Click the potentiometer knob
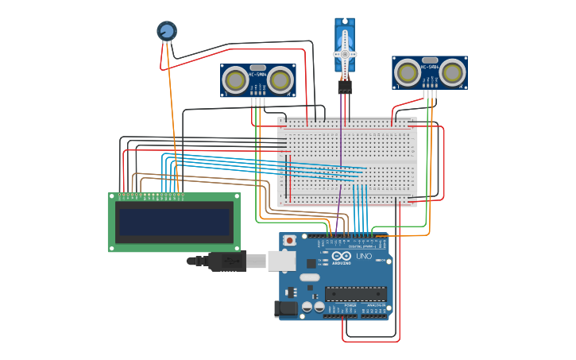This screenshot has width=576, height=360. coord(166,31)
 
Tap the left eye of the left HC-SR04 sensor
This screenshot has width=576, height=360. coord(235,79)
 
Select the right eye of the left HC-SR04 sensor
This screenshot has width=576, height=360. coord(280,79)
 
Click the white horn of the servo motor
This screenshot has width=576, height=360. coord(345,54)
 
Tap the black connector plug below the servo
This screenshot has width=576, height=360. coord(345,87)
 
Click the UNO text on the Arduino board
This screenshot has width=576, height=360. coord(363,257)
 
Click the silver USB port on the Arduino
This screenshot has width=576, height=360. coord(280,261)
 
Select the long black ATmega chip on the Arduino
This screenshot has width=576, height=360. coord(356,293)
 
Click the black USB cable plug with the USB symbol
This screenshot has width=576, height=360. coord(226,261)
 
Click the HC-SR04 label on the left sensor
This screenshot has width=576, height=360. coord(257,75)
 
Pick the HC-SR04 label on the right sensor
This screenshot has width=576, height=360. coord(430,68)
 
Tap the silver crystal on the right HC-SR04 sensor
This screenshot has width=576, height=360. coord(430,60)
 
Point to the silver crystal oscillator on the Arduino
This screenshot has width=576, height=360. coord(309,278)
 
